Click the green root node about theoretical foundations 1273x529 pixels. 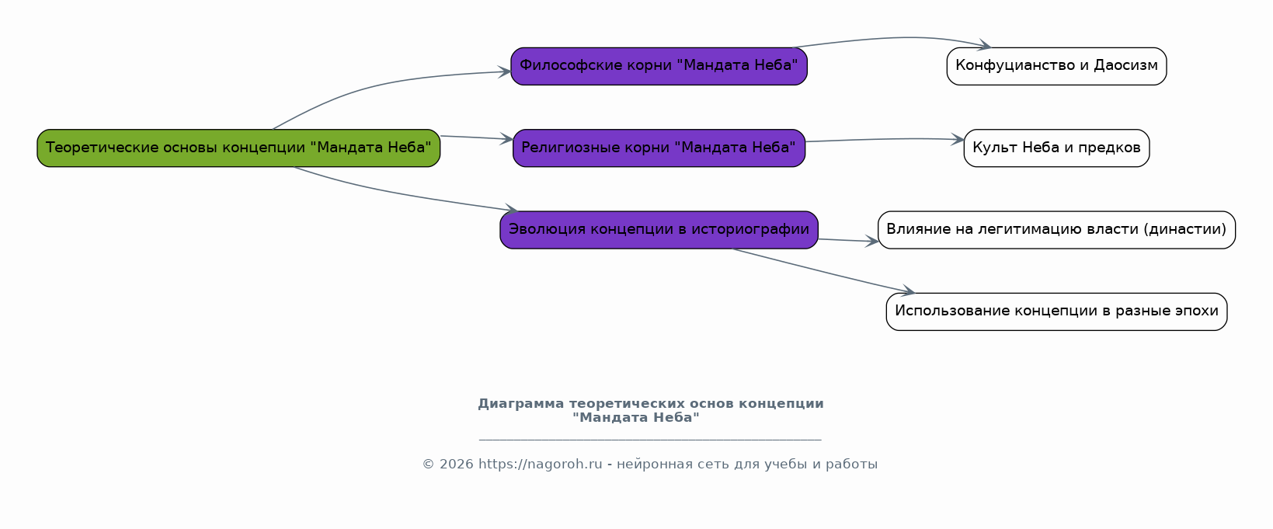238,148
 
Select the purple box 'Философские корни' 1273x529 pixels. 659,66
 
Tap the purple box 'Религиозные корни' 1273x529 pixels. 659,148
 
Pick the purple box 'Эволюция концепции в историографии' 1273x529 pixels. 659,230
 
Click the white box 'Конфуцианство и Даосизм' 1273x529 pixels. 1056,66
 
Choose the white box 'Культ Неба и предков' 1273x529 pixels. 1056,148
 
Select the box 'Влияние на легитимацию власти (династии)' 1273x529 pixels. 1056,230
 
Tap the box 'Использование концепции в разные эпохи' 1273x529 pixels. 1056,311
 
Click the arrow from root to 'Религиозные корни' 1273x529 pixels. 477,137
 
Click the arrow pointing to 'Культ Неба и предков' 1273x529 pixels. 885,139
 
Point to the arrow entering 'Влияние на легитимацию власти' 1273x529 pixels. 848,240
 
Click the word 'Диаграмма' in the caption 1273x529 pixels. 521,403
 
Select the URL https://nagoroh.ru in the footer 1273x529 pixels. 540,465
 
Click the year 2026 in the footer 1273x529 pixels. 457,465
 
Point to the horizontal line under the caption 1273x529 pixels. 650,439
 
